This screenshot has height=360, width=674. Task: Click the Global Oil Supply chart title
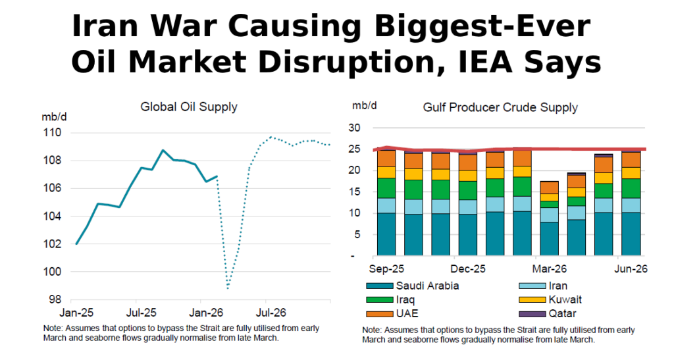click(189, 107)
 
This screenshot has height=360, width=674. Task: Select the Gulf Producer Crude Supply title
click(500, 107)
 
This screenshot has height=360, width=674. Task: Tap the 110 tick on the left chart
click(51, 133)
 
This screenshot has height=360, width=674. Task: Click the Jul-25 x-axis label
click(141, 313)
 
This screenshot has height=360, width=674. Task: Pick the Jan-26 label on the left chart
click(206, 313)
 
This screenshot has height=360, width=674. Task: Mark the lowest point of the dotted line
click(227, 288)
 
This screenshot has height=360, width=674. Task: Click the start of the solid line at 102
click(76, 244)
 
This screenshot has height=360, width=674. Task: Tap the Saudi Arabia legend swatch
click(380, 286)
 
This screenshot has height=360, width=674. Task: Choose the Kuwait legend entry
click(550, 300)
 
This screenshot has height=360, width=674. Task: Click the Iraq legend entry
click(390, 300)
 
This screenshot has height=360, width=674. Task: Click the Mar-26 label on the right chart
click(550, 269)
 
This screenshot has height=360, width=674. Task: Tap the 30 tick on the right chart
click(355, 128)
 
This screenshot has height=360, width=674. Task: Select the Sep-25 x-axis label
click(386, 269)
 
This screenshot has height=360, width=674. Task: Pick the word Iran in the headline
click(105, 26)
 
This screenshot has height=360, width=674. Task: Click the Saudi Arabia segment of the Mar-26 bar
click(549, 239)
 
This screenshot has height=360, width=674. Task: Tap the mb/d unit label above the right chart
click(365, 106)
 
